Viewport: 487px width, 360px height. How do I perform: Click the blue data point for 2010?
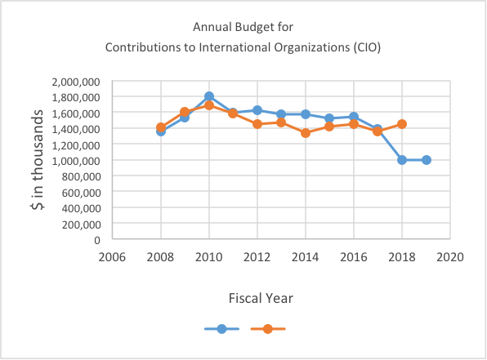click(209, 96)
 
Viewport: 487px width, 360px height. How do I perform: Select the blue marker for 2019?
click(427, 160)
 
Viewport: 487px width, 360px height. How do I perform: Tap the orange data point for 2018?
click(402, 124)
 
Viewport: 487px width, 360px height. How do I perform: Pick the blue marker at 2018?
click(402, 160)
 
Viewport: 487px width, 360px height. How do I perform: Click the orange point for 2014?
click(306, 133)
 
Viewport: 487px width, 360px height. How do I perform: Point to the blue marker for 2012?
click(257, 110)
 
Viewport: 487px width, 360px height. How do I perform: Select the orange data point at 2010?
click(209, 105)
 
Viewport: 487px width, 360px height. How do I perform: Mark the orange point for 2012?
click(257, 124)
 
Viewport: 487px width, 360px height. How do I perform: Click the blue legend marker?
click(221, 329)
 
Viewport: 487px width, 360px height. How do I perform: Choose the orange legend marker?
click(268, 329)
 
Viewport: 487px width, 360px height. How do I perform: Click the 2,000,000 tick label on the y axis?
click(76, 82)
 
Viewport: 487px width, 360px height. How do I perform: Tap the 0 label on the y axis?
click(97, 240)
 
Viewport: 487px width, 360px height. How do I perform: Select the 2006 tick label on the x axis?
click(112, 257)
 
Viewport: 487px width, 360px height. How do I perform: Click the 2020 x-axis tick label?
click(450, 257)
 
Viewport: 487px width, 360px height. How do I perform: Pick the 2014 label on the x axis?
click(306, 257)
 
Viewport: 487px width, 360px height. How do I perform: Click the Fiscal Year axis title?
click(261, 298)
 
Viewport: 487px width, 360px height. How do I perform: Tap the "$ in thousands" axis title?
click(38, 160)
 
